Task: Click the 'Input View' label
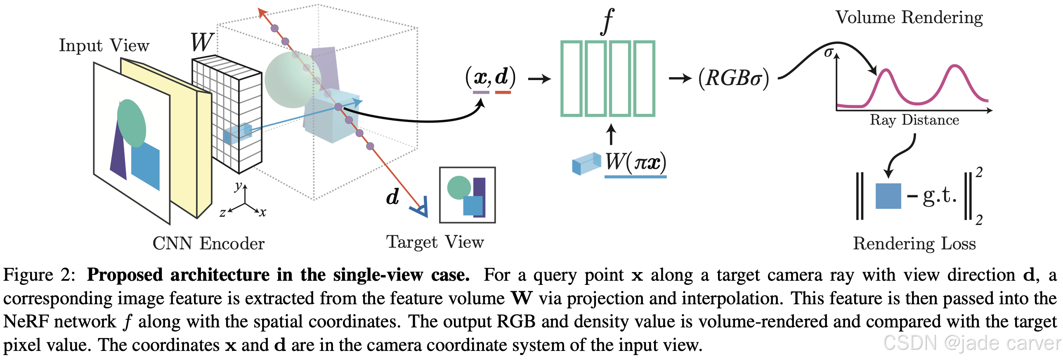click(x=104, y=45)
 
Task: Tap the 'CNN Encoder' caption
click(x=208, y=243)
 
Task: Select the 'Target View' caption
click(x=435, y=242)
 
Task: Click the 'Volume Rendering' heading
click(x=909, y=17)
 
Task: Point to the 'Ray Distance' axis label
click(x=914, y=120)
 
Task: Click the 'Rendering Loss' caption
click(x=914, y=243)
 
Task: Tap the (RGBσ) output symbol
click(x=733, y=78)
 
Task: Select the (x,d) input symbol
click(x=490, y=77)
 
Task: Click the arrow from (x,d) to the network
click(x=539, y=78)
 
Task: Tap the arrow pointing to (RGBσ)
click(x=680, y=78)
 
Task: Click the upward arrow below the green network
click(x=611, y=135)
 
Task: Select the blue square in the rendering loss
click(x=888, y=196)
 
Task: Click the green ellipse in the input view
click(x=132, y=123)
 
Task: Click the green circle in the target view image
click(x=458, y=187)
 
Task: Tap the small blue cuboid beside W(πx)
click(x=586, y=163)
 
